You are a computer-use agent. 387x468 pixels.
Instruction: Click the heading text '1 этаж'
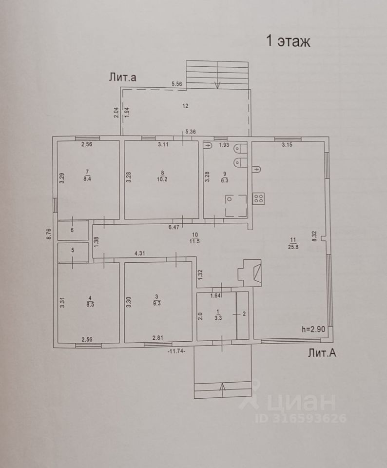pos(288,40)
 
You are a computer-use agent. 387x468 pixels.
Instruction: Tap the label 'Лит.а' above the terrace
pos(122,77)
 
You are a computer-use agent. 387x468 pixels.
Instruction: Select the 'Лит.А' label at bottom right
pos(322,353)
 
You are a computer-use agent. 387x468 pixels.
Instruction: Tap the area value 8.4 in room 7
pos(88,179)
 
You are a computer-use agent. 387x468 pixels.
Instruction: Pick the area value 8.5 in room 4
pos(89,303)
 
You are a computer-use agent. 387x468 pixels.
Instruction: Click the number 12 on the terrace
pos(185,105)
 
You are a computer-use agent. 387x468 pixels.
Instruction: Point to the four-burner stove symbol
pos(259,198)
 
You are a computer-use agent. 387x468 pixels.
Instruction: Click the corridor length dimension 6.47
pos(174,227)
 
